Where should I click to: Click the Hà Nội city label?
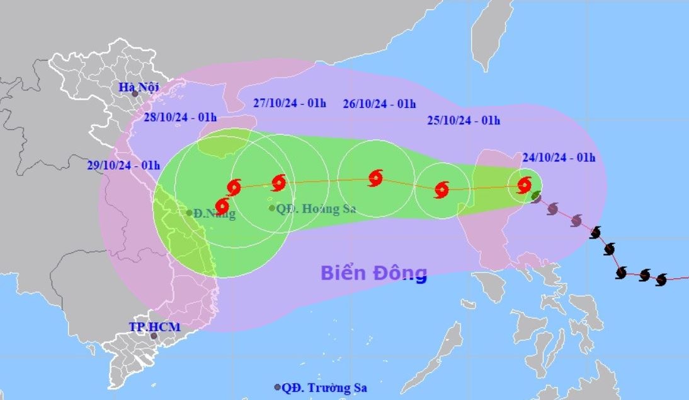139,87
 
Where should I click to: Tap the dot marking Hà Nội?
134,93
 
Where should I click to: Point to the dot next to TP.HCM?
154,336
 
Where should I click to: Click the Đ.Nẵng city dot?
189,213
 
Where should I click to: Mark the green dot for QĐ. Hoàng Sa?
271,208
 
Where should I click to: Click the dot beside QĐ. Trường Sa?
277,387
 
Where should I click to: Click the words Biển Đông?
373,273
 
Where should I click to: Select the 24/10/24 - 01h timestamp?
558,157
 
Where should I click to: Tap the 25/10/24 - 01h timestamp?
464,121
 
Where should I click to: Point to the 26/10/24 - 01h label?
379,103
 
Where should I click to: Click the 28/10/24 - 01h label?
181,117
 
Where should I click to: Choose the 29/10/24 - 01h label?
123,165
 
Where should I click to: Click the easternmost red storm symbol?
524,185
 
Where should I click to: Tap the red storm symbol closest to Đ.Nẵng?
222,206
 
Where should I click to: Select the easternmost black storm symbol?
661,279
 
